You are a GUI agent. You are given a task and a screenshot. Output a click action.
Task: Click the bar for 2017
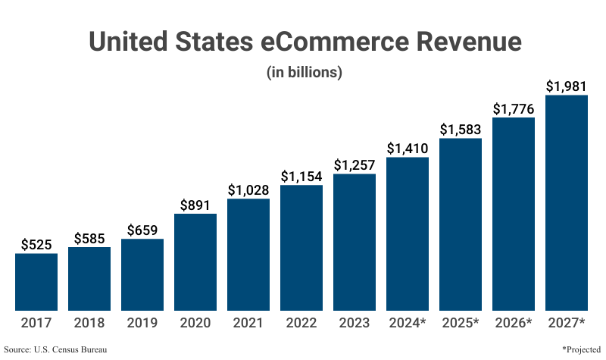tap(36, 281)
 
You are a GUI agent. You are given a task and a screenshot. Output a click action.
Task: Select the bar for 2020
tap(195, 261)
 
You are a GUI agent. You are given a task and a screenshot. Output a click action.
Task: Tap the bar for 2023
tap(355, 242)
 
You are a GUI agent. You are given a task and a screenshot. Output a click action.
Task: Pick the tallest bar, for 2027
tap(567, 202)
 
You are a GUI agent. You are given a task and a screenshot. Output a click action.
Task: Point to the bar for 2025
tap(461, 224)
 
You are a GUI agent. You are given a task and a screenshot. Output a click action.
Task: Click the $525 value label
tap(36, 244)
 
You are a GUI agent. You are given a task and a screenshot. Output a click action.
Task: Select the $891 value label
tap(195, 205)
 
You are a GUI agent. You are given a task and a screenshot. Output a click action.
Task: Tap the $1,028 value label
tap(248, 189)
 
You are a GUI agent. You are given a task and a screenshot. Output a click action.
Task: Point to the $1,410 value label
tap(408, 148)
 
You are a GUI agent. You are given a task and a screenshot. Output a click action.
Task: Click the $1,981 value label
tap(567, 86)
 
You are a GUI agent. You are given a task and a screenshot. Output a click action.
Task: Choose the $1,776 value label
tap(514, 108)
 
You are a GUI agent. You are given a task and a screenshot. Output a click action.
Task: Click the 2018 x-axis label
tap(89, 323)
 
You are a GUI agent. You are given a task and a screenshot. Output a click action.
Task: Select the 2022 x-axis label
tap(301, 323)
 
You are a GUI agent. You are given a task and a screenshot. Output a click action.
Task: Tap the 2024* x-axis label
tap(408, 323)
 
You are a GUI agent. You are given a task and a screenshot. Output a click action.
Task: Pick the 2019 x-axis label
tap(142, 323)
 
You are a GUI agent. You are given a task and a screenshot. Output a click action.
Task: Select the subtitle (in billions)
tap(305, 73)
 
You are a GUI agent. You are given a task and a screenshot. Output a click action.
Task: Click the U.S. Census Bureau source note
tap(55, 349)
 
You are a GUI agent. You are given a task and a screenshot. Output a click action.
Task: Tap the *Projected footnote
tap(582, 349)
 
